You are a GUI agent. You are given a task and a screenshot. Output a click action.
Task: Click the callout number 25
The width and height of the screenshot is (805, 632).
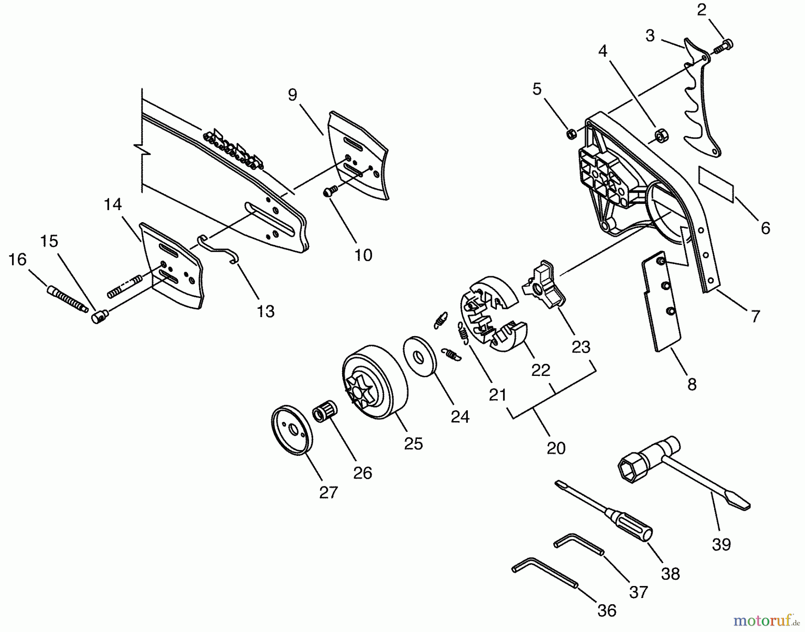click(x=413, y=443)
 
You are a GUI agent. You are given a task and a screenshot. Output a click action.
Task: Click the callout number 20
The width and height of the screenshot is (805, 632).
click(x=556, y=448)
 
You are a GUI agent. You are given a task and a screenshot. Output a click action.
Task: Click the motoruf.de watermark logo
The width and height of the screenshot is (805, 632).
click(x=765, y=621)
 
